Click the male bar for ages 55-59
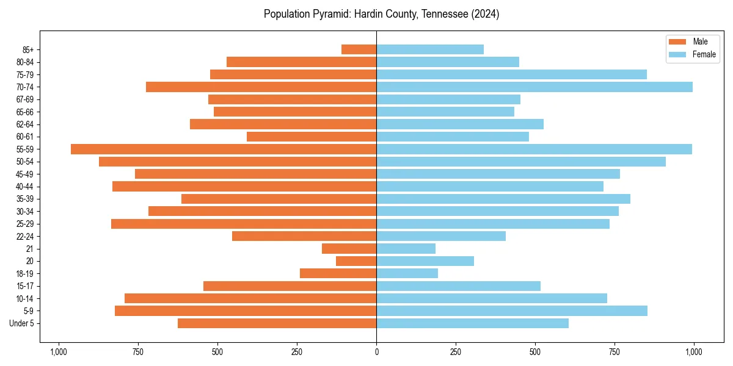pyautogui.click(x=224, y=149)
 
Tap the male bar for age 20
pyautogui.click(x=356, y=261)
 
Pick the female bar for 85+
pyautogui.click(x=430, y=49)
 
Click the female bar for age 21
pyautogui.click(x=406, y=249)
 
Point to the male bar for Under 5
pyautogui.click(x=277, y=323)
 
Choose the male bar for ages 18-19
pyautogui.click(x=338, y=273)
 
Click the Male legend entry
pyautogui.click(x=700, y=41)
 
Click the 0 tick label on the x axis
pyautogui.click(x=376, y=352)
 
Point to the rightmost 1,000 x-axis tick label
pyautogui.click(x=694, y=352)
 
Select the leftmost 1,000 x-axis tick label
pyautogui.click(x=59, y=352)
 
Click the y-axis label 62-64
pyautogui.click(x=25, y=124)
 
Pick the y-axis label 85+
pyautogui.click(x=27, y=49)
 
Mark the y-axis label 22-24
pyautogui.click(x=25, y=237)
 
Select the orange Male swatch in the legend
pyautogui.click(x=677, y=41)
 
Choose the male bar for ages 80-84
pyautogui.click(x=301, y=62)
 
